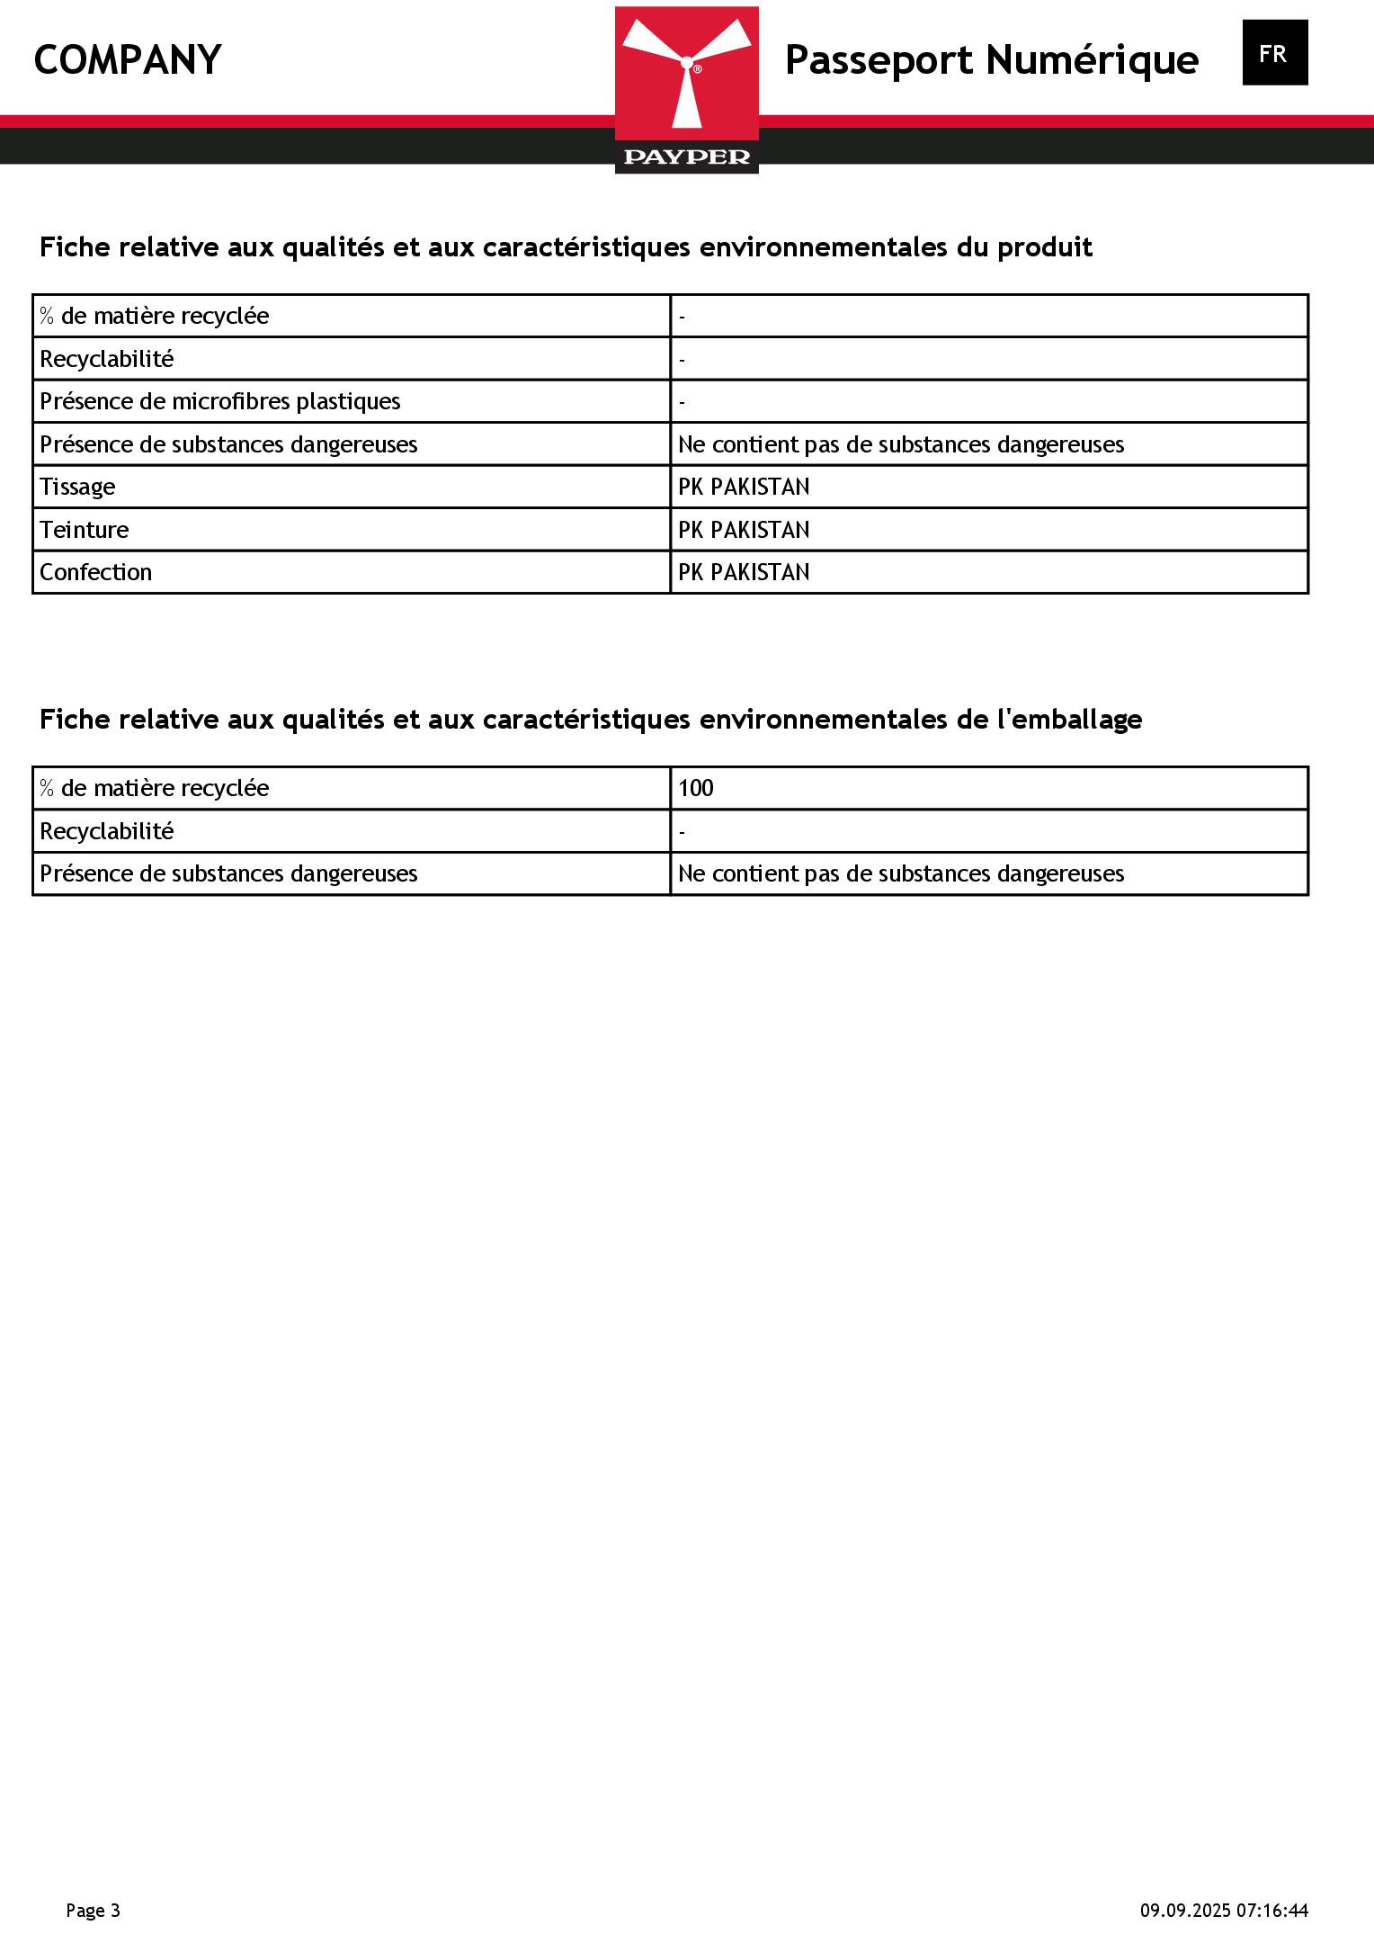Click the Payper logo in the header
686,90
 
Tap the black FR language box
1274,53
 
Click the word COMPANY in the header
128,60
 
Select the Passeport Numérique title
991,60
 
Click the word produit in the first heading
1044,247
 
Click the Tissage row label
77,487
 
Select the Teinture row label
84,530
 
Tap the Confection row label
95,572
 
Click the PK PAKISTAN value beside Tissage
744,487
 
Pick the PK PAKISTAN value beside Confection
744,572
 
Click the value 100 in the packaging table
695,788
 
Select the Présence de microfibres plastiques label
220,401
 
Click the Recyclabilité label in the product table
106,359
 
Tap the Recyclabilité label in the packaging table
106,831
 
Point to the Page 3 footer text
93,1911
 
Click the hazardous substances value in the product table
901,444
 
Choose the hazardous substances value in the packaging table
901,873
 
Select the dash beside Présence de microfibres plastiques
683,402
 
